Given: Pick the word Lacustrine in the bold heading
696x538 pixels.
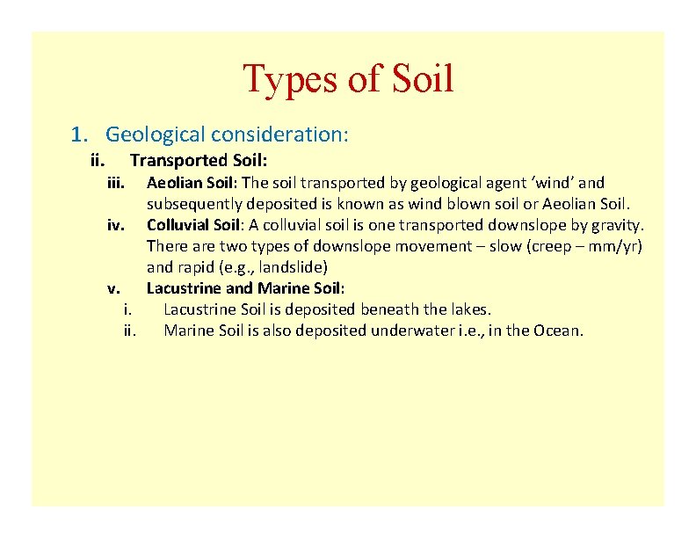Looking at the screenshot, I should (185, 288).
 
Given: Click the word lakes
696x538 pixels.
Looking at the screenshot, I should (471, 309).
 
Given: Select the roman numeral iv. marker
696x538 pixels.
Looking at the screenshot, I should (115, 225).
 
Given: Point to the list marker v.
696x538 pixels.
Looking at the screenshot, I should (113, 288).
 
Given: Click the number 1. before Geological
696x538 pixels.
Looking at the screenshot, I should (80, 134).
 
